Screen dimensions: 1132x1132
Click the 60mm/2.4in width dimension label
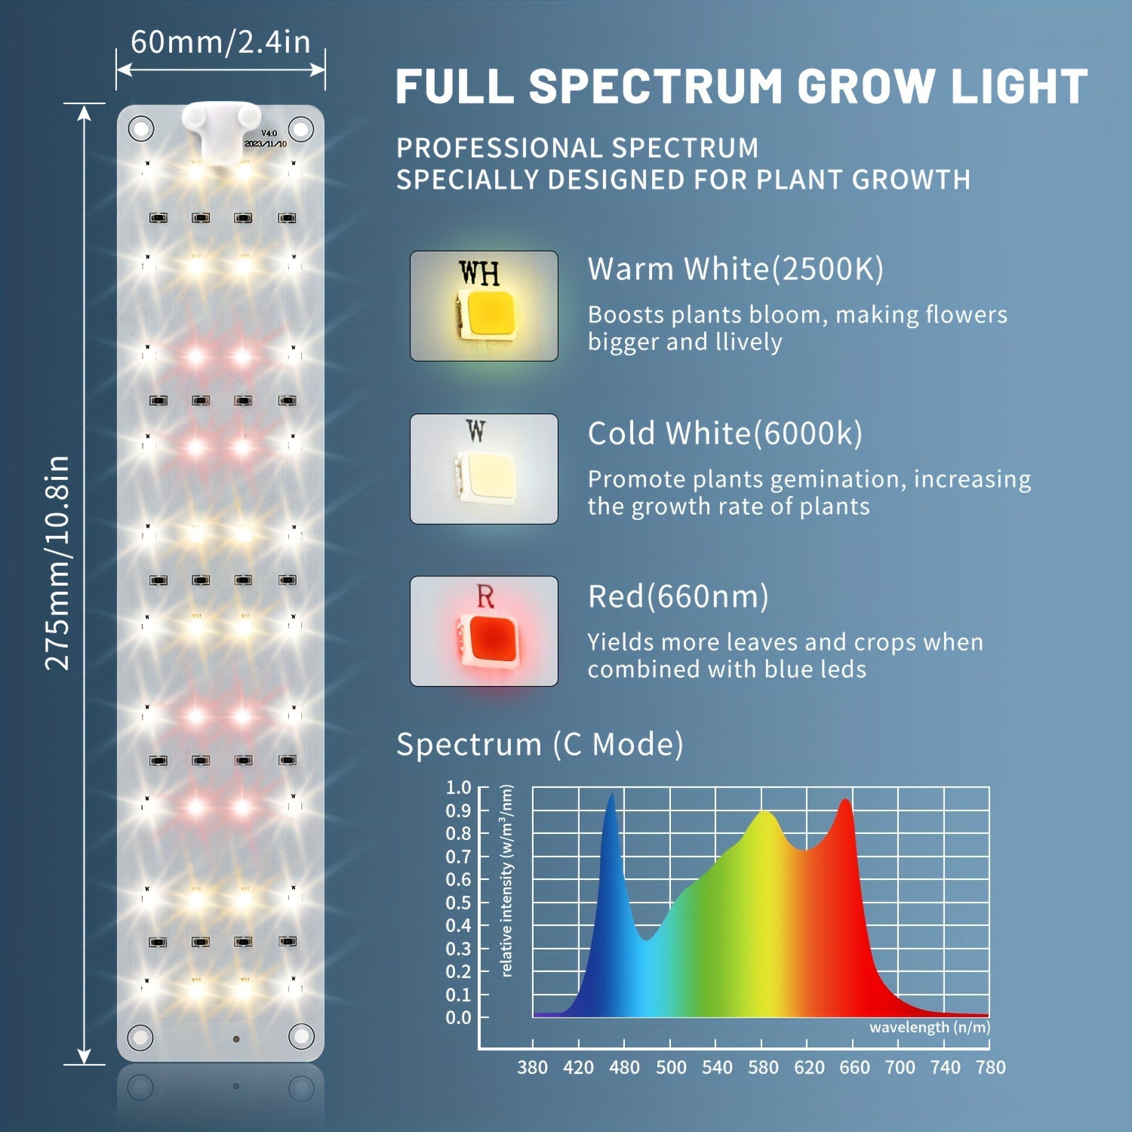(x=220, y=42)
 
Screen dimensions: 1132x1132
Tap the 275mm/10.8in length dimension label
(x=57, y=562)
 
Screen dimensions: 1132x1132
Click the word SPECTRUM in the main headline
(x=656, y=86)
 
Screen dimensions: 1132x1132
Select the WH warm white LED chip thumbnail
(x=484, y=306)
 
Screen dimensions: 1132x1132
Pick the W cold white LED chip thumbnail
(x=484, y=469)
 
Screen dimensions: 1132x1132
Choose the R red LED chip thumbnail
(x=484, y=631)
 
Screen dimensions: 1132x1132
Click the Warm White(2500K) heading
(x=735, y=269)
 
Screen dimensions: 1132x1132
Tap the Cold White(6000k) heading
(x=724, y=433)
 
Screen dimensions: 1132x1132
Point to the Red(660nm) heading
(x=678, y=596)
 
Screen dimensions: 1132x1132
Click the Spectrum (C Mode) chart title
(x=540, y=744)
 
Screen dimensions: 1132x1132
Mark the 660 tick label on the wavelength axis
(x=854, y=1067)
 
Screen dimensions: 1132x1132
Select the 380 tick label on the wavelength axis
(x=532, y=1067)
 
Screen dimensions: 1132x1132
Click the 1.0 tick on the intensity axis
(x=458, y=787)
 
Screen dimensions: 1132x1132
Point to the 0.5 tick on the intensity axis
(x=458, y=903)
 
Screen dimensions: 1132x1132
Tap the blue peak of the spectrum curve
(x=611, y=795)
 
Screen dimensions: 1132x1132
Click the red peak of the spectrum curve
(x=846, y=801)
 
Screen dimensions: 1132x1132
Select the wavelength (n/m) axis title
(x=929, y=1027)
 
